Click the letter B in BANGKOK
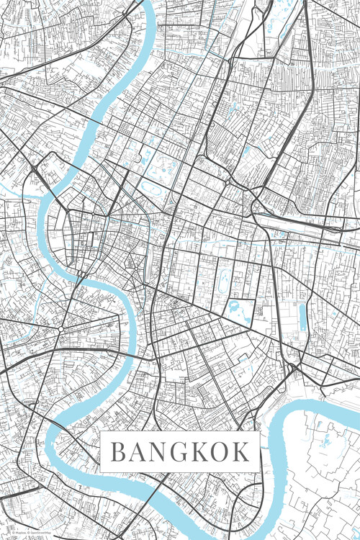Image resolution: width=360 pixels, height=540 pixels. click(x=118, y=452)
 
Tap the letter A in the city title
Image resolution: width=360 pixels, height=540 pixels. click(x=139, y=452)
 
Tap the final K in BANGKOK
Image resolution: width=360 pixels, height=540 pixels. click(x=243, y=452)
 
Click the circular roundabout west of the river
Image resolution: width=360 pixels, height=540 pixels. click(x=61, y=328)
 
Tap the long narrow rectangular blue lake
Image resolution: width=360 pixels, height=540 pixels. click(x=302, y=318)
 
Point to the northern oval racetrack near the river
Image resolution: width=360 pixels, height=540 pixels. click(x=153, y=188)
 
